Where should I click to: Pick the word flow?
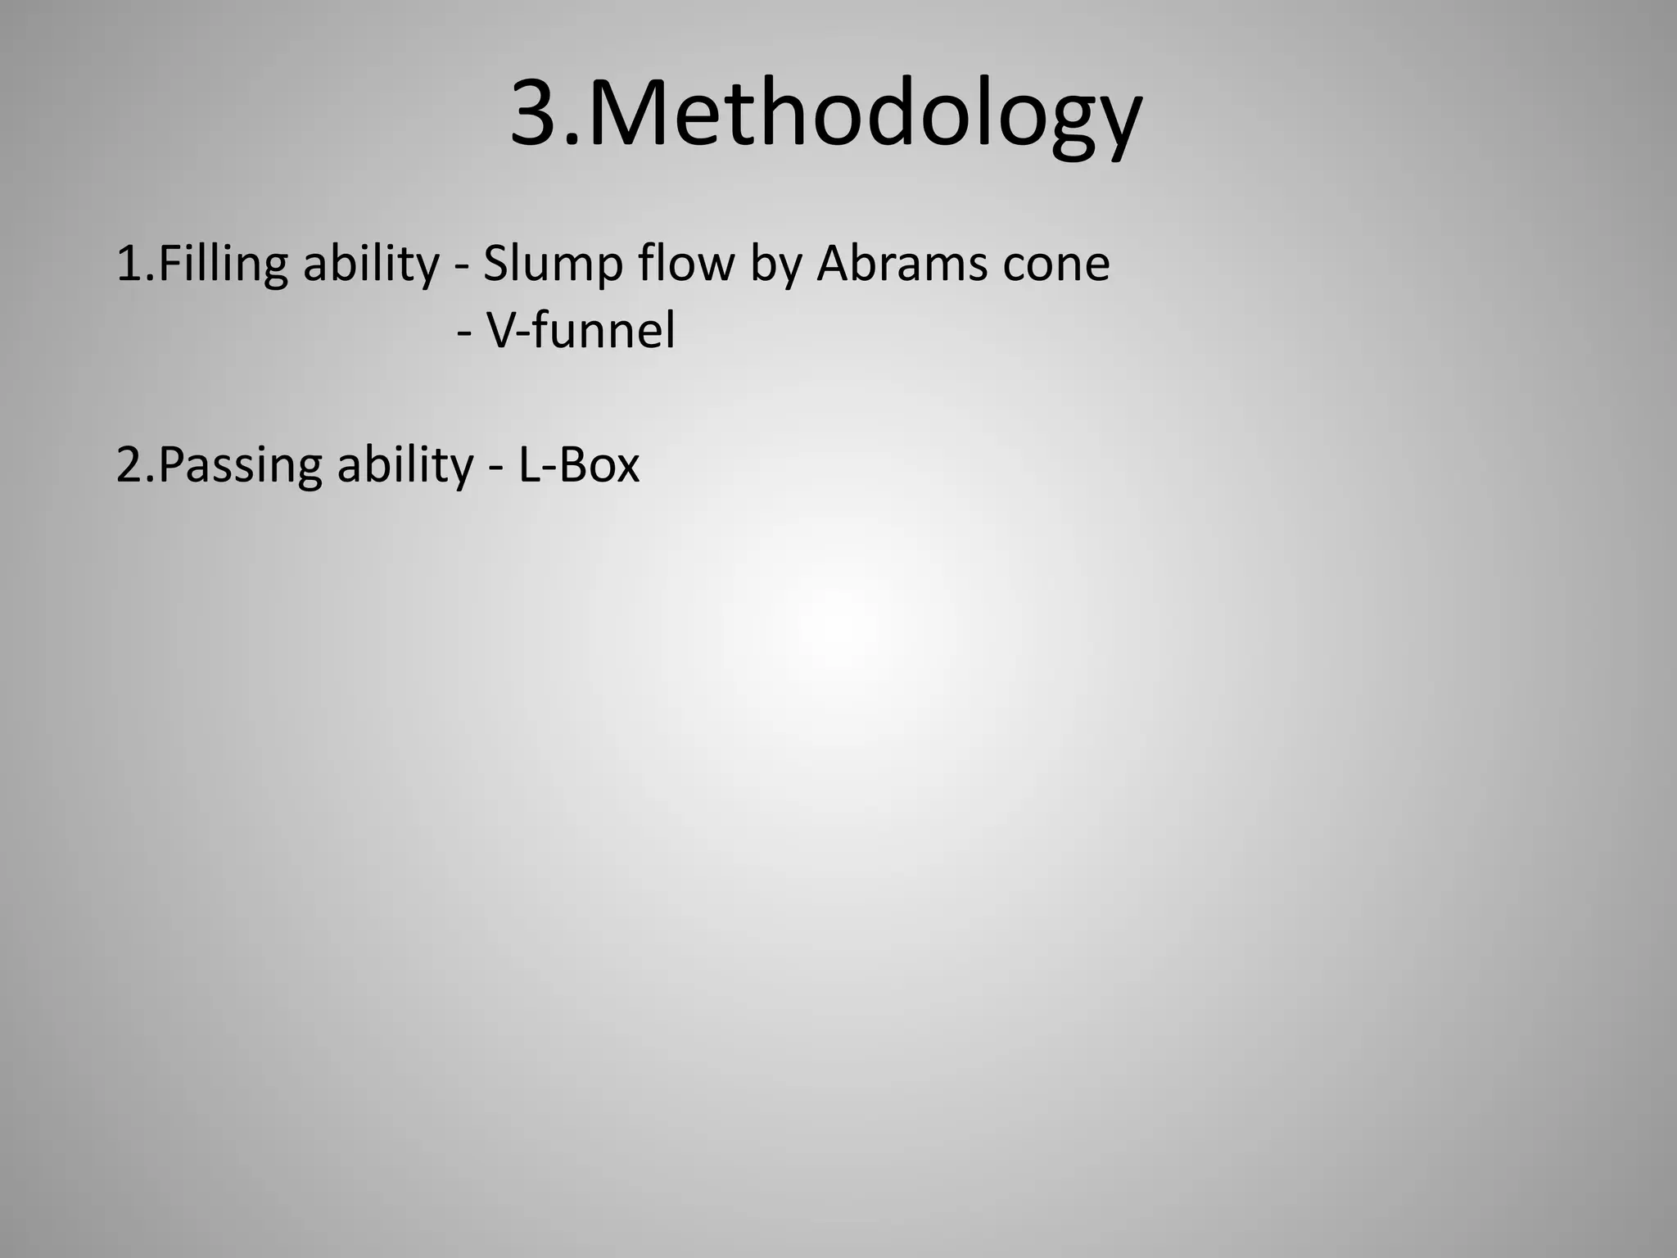point(686,264)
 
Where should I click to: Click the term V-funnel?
point(581,331)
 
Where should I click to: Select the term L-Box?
point(579,464)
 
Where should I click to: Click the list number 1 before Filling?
point(128,264)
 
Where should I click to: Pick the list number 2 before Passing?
point(129,464)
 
